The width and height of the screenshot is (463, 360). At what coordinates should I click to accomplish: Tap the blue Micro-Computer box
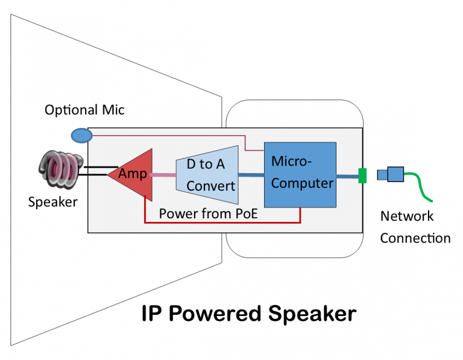(300, 175)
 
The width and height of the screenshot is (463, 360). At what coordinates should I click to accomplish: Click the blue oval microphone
(81, 135)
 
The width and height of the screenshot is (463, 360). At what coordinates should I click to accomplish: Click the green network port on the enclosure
(362, 175)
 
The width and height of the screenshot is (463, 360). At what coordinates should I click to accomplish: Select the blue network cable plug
(390, 175)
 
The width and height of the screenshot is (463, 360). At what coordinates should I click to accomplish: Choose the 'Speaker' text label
(52, 202)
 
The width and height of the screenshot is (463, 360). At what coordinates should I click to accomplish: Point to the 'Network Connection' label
(415, 227)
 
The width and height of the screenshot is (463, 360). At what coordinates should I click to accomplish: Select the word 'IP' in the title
(151, 314)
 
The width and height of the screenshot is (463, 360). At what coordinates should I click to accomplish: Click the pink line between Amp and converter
(163, 175)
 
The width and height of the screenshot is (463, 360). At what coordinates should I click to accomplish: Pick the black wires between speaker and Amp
(96, 171)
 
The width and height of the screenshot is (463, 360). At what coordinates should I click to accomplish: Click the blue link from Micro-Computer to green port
(347, 176)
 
